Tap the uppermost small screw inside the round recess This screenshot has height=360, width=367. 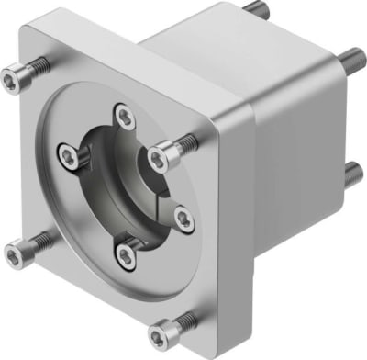click(x=121, y=113)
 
